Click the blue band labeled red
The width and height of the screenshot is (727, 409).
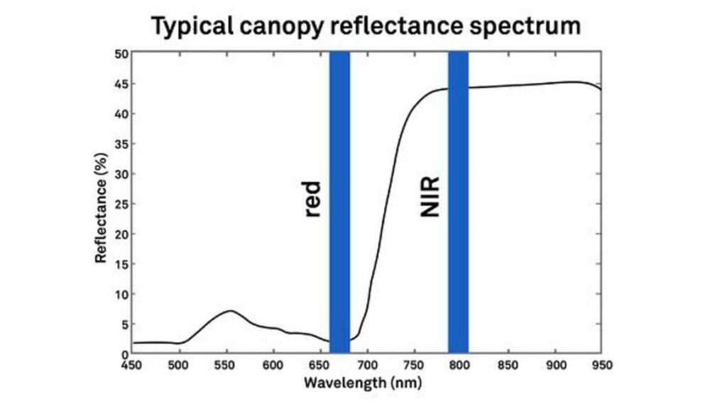339,202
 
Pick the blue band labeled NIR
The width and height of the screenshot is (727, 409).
458,202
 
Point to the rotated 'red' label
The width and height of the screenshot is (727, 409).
313,199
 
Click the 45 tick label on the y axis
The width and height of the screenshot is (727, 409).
121,84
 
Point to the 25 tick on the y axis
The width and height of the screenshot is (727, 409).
121,204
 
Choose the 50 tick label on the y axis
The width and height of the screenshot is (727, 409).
121,54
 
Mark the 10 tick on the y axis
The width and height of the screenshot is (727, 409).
121,294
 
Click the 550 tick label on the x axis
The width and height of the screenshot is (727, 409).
226,365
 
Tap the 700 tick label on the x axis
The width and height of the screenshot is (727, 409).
366,365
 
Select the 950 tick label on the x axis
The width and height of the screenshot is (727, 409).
601,365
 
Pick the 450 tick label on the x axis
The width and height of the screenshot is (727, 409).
133,365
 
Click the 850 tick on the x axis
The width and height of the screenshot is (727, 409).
508,365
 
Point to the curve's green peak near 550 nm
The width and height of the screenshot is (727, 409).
230,311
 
